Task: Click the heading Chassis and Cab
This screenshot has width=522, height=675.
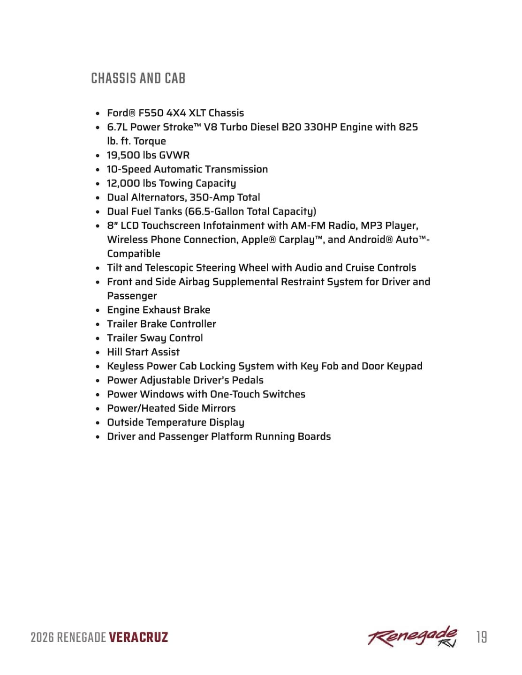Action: [x=138, y=78]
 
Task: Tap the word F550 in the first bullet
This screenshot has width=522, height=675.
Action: [x=151, y=113]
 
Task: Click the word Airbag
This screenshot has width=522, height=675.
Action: [x=194, y=282]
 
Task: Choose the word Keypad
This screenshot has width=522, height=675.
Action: [x=404, y=366]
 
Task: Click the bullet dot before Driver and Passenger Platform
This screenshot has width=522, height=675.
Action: [x=98, y=437]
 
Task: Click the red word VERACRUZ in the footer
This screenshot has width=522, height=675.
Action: [x=138, y=637]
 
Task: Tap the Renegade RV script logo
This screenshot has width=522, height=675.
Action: [x=412, y=637]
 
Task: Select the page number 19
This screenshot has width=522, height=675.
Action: [x=482, y=637]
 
